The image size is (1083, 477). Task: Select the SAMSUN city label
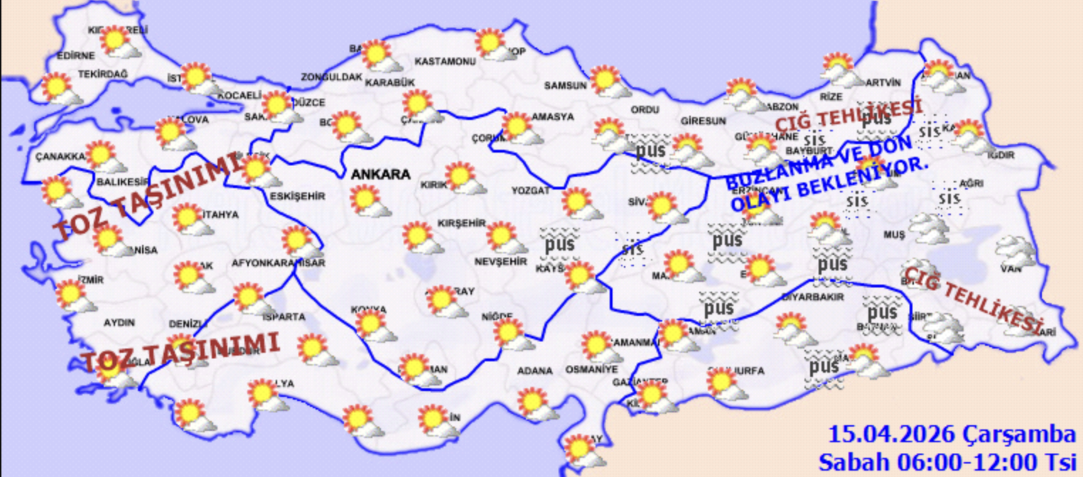tap(566, 86)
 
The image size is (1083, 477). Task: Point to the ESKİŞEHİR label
tap(298, 196)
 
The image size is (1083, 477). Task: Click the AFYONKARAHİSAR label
tap(279, 263)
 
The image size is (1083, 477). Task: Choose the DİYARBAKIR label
tap(812, 297)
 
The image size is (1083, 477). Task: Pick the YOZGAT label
tap(531, 191)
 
